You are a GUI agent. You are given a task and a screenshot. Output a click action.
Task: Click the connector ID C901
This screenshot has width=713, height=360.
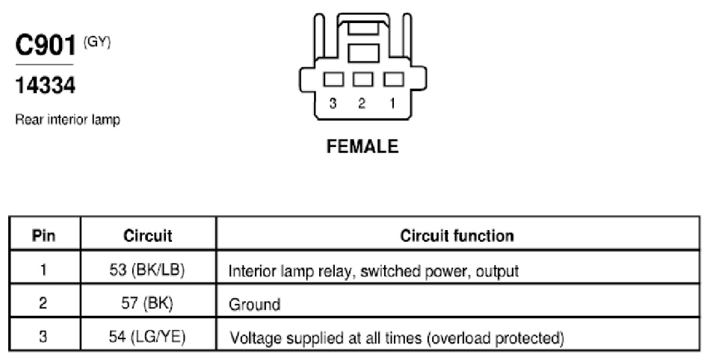(x=46, y=45)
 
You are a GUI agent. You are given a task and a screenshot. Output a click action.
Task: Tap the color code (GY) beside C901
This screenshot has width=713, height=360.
(x=97, y=43)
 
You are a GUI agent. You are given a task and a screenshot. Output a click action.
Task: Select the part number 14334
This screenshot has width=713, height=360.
(x=46, y=85)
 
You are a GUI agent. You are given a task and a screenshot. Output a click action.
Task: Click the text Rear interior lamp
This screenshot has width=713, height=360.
(x=68, y=120)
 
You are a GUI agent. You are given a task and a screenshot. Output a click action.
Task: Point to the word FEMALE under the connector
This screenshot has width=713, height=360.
(x=362, y=146)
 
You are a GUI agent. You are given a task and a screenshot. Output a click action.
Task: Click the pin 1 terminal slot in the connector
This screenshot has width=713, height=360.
(x=393, y=80)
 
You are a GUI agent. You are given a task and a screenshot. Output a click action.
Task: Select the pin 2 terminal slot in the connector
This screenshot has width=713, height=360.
(x=363, y=80)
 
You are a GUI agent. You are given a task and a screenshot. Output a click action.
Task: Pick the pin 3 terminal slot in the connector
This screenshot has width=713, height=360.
(x=333, y=80)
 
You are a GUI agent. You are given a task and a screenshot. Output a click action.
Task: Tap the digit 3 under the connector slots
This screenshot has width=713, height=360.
(x=333, y=104)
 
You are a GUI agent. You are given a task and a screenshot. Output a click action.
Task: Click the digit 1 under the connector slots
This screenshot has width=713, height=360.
(x=392, y=104)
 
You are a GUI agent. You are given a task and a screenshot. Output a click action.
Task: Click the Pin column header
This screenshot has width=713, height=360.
(x=44, y=235)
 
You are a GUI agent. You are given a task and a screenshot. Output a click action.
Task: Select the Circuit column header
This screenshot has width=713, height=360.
(x=148, y=235)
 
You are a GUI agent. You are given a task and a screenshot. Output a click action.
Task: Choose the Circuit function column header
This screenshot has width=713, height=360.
(x=457, y=235)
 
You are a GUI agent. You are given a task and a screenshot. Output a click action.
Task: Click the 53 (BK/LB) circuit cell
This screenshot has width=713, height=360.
(x=147, y=270)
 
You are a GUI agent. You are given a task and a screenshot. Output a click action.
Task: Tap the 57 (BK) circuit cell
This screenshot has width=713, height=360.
(x=147, y=303)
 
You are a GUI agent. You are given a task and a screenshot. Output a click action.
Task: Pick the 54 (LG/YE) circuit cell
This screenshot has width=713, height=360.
(x=147, y=337)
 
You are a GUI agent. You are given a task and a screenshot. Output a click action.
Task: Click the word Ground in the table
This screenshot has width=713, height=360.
(x=255, y=304)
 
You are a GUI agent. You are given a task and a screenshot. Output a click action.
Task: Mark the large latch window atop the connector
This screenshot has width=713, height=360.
(x=363, y=53)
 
